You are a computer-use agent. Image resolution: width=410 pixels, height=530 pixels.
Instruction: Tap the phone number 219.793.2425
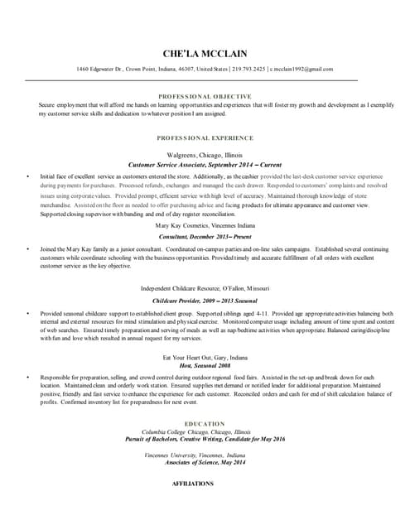click(250, 69)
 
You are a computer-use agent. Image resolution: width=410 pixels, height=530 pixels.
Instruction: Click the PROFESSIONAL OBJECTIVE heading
click(205, 97)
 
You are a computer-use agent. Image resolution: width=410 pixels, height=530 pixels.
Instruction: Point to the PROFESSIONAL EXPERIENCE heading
click(205, 137)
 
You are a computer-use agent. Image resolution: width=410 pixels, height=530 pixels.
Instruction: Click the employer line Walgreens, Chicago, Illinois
click(205, 155)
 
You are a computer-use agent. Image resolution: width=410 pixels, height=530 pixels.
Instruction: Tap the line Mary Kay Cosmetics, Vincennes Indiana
click(205, 224)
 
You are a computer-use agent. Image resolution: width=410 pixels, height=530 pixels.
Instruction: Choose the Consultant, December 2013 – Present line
click(205, 236)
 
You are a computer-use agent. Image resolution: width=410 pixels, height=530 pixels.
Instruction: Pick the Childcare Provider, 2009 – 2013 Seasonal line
click(205, 299)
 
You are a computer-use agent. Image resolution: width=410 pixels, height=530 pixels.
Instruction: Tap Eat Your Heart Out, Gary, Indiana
click(205, 357)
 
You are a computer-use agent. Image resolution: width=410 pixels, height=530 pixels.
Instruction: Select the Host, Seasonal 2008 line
click(205, 367)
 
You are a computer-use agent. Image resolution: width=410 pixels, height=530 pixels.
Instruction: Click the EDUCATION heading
click(205, 423)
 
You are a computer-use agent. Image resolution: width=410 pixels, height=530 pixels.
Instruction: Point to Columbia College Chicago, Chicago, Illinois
click(196, 431)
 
